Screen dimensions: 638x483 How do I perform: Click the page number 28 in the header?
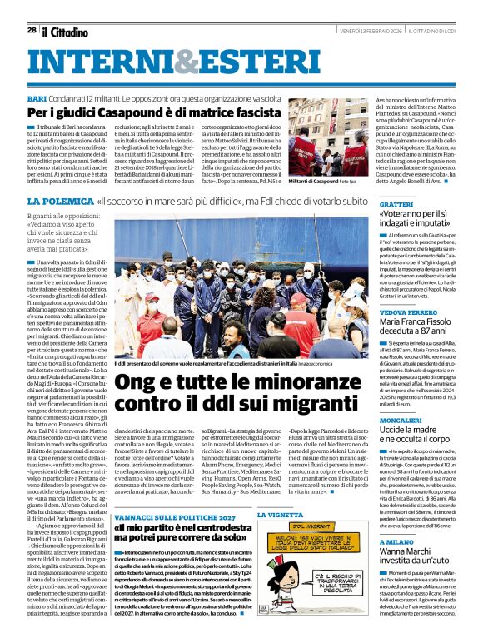[32, 30]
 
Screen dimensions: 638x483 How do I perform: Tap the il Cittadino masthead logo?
[66, 32]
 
